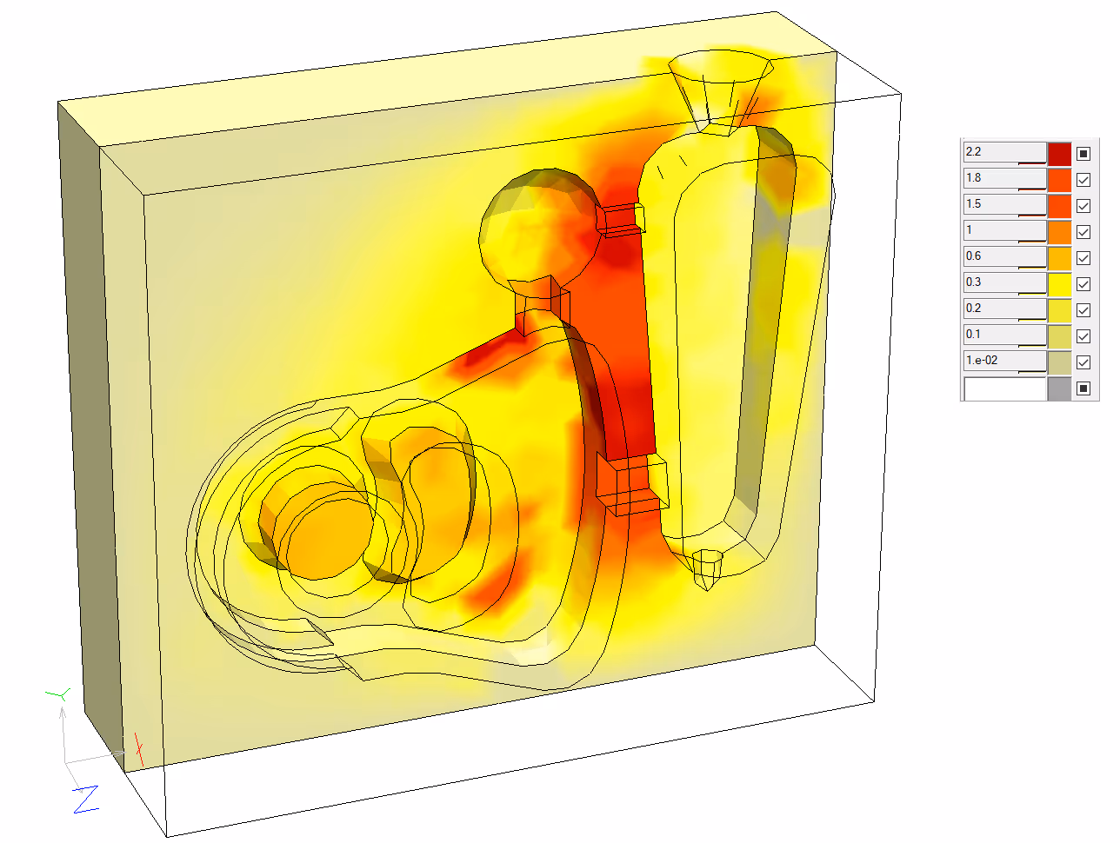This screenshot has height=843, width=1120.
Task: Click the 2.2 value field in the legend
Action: point(1003,153)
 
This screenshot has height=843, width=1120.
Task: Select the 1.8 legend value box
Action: point(1003,179)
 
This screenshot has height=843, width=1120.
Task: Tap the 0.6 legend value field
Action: point(1003,257)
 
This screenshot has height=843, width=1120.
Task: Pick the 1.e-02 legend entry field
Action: point(1003,362)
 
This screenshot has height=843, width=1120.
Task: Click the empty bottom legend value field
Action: point(1003,388)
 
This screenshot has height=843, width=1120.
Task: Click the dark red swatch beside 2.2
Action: point(1059,154)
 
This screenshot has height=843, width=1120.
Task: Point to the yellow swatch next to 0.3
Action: point(1059,284)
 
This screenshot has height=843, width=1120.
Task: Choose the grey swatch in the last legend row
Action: point(1059,388)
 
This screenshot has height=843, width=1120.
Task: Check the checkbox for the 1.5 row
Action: point(1083,206)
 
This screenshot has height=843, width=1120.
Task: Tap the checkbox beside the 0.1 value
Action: point(1083,336)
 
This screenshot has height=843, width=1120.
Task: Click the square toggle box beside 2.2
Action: point(1083,154)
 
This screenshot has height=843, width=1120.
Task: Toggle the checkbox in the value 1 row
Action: point(1083,232)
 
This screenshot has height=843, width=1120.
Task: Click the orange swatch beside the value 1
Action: point(1059,232)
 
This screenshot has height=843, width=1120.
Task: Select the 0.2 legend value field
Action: point(1003,309)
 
